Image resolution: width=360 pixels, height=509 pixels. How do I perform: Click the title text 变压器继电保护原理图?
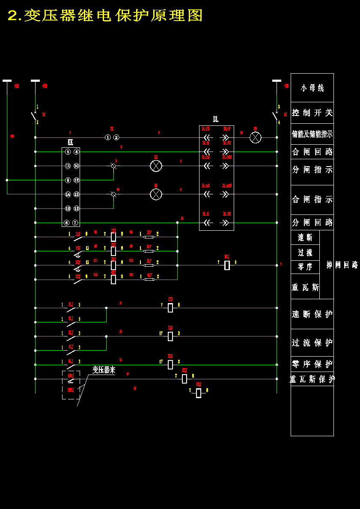click(x=105, y=16)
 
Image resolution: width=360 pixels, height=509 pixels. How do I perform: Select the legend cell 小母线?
click(x=312, y=88)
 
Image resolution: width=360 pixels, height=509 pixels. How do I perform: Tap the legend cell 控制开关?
click(x=312, y=113)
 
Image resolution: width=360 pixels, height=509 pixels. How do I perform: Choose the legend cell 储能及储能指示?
click(x=312, y=134)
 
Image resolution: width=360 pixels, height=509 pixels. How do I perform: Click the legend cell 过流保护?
click(x=312, y=343)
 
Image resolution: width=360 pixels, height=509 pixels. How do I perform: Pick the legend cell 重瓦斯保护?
click(x=312, y=379)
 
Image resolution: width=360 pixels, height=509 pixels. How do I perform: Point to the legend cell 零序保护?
click(x=312, y=364)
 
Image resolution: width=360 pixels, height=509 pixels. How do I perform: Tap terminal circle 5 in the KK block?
click(x=68, y=152)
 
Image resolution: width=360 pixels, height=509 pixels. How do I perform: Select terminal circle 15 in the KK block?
click(x=76, y=194)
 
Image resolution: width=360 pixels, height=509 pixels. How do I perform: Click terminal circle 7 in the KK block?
click(x=75, y=223)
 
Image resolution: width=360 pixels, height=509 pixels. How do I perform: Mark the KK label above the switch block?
click(x=71, y=143)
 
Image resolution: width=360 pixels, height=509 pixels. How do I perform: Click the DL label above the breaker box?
click(x=216, y=119)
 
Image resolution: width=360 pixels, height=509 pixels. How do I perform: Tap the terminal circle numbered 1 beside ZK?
click(x=108, y=137)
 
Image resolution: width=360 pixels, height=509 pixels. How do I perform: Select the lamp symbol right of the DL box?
click(x=256, y=137)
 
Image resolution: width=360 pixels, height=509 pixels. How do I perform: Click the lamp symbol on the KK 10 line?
click(x=156, y=166)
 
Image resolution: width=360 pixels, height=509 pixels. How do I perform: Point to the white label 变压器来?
click(x=104, y=370)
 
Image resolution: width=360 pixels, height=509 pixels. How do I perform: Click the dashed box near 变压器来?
click(x=71, y=384)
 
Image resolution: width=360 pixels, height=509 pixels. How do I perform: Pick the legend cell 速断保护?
click(x=312, y=314)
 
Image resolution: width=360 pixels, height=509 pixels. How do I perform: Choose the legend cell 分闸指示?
click(x=312, y=170)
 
